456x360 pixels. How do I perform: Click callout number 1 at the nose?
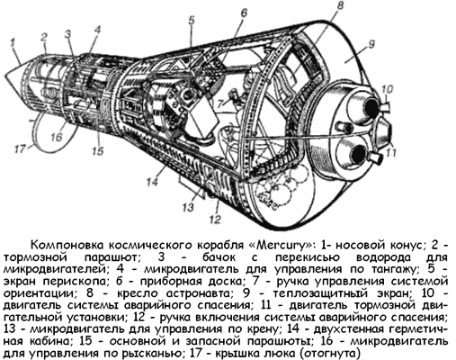(13, 42)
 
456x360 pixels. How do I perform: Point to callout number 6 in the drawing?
(244, 12)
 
